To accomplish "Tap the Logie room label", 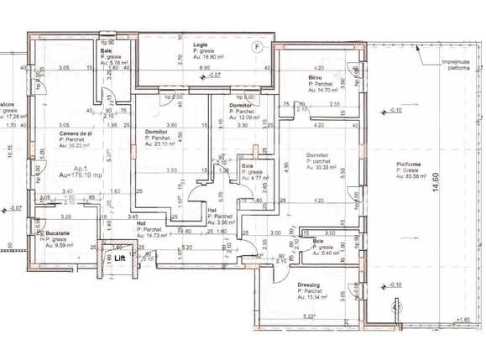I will (200, 44).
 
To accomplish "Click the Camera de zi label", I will (76, 133).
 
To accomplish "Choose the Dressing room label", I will (308, 284).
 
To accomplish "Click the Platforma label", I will (410, 164).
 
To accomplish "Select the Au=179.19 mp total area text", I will (82, 176).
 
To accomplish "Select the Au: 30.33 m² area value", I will (325, 166).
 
